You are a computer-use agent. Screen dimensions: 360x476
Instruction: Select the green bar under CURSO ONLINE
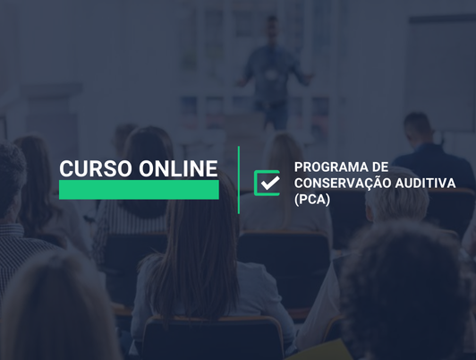139,190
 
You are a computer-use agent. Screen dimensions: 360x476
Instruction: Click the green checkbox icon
267,183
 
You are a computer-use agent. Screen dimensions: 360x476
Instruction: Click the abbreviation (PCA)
312,199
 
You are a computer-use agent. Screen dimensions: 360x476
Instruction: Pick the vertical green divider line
239,180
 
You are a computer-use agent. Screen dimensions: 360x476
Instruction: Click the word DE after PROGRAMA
379,167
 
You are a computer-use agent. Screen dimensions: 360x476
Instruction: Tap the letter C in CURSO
66,168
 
